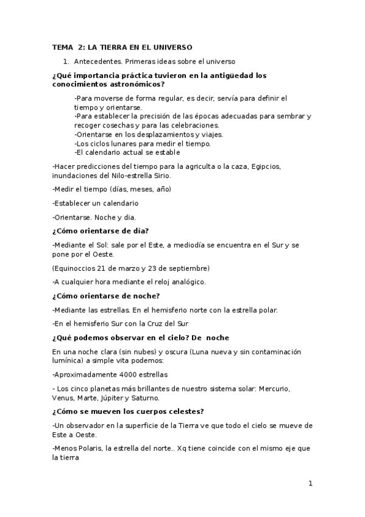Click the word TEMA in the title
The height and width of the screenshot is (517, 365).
tap(62, 47)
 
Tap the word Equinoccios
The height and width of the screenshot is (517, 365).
tap(77, 268)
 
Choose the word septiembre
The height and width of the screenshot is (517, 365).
tap(188, 268)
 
